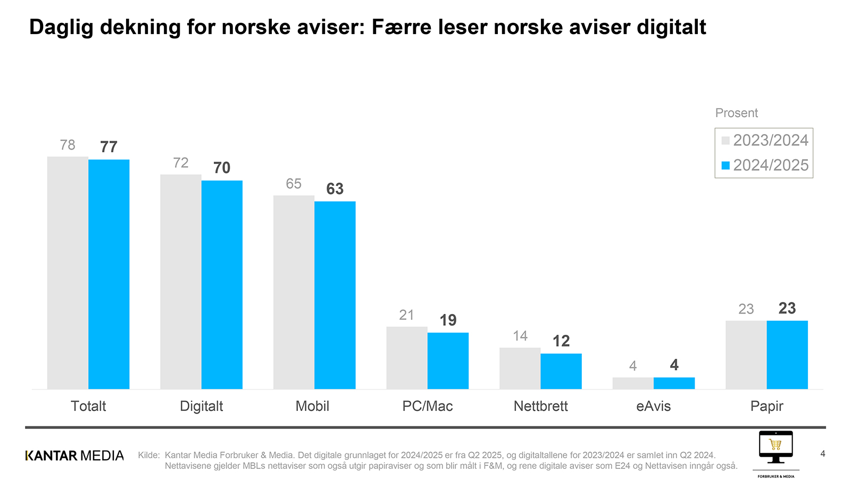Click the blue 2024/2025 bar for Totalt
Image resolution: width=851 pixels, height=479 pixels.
[x=109, y=274]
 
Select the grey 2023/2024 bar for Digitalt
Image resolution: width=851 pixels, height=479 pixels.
[x=181, y=282]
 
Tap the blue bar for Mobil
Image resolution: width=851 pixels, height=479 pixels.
[x=335, y=295]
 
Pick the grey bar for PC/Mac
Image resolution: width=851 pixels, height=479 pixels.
[x=407, y=358]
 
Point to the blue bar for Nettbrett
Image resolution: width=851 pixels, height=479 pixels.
[x=561, y=371]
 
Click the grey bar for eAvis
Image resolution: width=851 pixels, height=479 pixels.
[x=633, y=383]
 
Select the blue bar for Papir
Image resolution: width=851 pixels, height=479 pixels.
[x=787, y=354]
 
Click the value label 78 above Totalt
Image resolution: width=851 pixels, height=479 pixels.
[x=68, y=145]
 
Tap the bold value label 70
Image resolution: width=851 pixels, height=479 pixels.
[x=222, y=168]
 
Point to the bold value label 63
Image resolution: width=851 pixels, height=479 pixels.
[x=335, y=189]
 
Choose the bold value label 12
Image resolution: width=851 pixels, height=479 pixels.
[x=561, y=341]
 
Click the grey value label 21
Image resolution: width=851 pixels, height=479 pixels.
[x=407, y=315]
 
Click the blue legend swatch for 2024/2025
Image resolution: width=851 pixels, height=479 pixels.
[x=725, y=166]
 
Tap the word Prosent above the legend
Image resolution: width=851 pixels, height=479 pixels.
[x=736, y=113]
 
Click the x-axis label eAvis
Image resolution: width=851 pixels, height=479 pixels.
[x=653, y=406]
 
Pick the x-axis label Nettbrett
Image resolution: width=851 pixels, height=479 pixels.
[x=540, y=406]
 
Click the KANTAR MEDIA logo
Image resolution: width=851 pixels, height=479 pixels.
[x=74, y=456]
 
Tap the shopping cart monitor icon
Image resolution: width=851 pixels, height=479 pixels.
[x=775, y=447]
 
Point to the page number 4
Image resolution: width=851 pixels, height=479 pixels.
[x=823, y=454]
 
